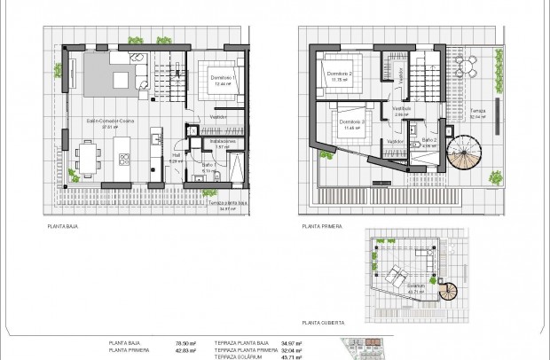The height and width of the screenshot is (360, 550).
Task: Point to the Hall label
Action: (x=176, y=156)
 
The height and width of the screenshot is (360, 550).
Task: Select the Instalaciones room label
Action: (x=223, y=141)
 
